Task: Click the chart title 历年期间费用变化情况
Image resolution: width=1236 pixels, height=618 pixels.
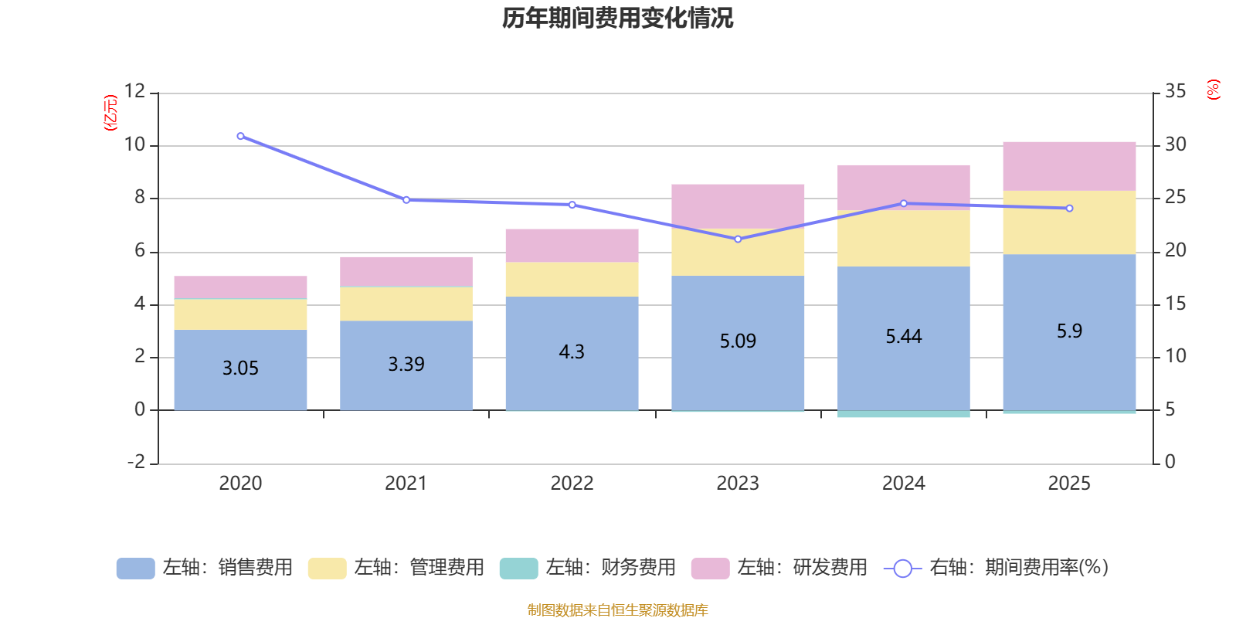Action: click(617, 18)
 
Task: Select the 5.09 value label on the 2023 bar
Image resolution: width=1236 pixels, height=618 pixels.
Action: click(738, 341)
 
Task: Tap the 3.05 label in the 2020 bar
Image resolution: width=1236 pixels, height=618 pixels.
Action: click(240, 368)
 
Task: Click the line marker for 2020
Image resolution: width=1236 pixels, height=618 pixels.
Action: click(240, 136)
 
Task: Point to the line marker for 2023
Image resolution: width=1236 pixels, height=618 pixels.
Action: click(738, 239)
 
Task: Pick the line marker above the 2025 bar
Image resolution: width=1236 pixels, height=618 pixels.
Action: click(1069, 209)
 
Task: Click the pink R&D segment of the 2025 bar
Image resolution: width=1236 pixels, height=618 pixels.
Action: click(1069, 166)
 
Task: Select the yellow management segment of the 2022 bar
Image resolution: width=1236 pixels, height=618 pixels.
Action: click(572, 280)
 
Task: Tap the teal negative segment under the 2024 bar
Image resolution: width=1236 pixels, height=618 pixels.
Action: click(903, 414)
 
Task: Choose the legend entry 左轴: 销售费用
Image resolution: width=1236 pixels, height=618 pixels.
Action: click(205, 568)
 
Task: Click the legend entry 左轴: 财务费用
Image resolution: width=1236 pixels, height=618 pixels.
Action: click(588, 568)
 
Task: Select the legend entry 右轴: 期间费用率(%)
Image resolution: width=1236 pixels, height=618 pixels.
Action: click(996, 568)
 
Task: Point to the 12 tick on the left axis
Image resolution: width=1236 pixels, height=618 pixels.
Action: click(134, 91)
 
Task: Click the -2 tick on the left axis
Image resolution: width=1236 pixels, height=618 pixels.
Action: click(136, 462)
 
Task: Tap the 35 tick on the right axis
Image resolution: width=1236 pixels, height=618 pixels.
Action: click(1176, 91)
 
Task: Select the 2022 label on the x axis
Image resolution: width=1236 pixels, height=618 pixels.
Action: click(572, 484)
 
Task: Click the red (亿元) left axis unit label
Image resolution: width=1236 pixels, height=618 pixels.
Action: click(110, 113)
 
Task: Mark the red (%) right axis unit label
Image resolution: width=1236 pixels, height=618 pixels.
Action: click(1213, 90)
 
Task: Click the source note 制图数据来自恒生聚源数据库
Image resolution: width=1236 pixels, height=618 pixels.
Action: click(617, 610)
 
